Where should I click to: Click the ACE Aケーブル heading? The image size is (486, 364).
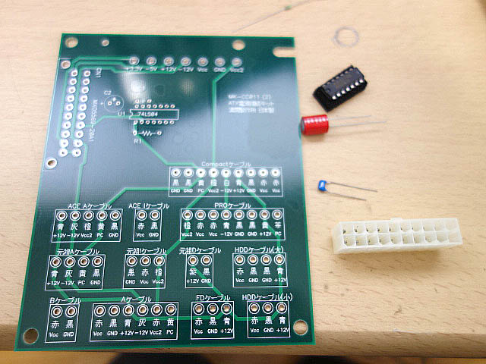pyautogui.click(x=89, y=206)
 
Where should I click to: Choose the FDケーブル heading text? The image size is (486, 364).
pyautogui.click(x=213, y=298)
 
